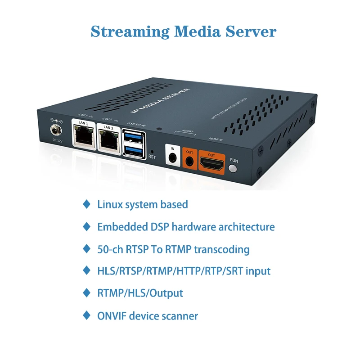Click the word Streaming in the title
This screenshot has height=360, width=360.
click(x=129, y=31)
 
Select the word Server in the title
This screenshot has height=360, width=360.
click(x=252, y=31)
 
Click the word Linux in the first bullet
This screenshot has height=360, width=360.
click(x=110, y=204)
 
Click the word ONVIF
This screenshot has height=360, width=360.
click(x=111, y=316)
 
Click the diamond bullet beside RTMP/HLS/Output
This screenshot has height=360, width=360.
click(x=87, y=293)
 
